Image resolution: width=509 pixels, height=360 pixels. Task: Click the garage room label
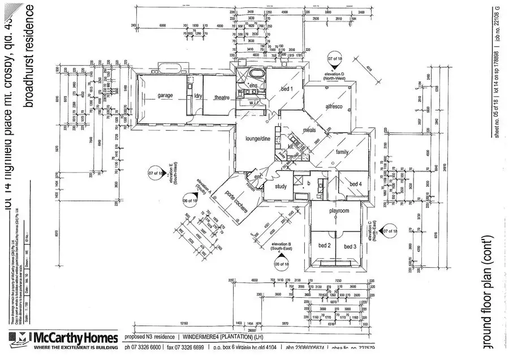(165, 96)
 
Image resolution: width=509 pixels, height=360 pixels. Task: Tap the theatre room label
(221, 97)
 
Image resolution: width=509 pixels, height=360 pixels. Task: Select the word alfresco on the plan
(335, 107)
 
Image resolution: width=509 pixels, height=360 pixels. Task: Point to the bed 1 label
(287, 89)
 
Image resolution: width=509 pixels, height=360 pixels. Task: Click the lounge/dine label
(257, 139)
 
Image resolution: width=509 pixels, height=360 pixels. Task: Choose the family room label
(343, 152)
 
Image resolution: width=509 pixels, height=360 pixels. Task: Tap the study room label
(280, 186)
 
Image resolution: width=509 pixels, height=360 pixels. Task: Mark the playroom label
(339, 211)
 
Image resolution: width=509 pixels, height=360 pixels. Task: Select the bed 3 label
(350, 246)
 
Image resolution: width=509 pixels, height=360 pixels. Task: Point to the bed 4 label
(355, 184)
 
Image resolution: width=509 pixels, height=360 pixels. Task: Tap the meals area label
(309, 131)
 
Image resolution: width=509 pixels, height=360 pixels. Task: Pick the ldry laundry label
(198, 96)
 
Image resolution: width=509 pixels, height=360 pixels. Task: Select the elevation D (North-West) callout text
(339, 77)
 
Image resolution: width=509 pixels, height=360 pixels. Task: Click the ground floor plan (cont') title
(490, 299)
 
